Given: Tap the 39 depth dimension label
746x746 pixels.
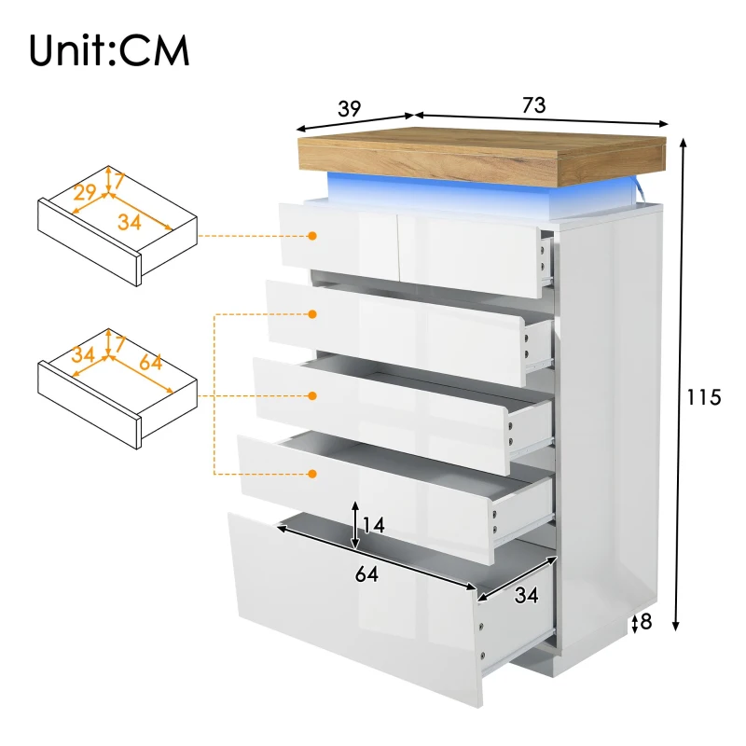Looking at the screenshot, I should click(349, 107).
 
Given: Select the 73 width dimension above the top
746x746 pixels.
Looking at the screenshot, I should click(533, 105).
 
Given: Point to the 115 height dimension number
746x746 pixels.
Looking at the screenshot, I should click(704, 397).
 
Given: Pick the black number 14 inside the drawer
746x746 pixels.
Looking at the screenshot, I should click(372, 526).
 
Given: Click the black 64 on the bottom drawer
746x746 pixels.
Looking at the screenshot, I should click(366, 574).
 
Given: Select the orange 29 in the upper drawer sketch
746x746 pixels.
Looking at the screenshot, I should click(85, 193).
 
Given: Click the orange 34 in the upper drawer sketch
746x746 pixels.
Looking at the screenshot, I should click(131, 221).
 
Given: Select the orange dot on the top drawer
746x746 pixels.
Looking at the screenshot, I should click(313, 236).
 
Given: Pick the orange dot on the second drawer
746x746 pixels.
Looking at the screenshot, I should click(313, 315).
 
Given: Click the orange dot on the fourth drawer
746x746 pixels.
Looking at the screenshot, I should click(313, 474).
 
